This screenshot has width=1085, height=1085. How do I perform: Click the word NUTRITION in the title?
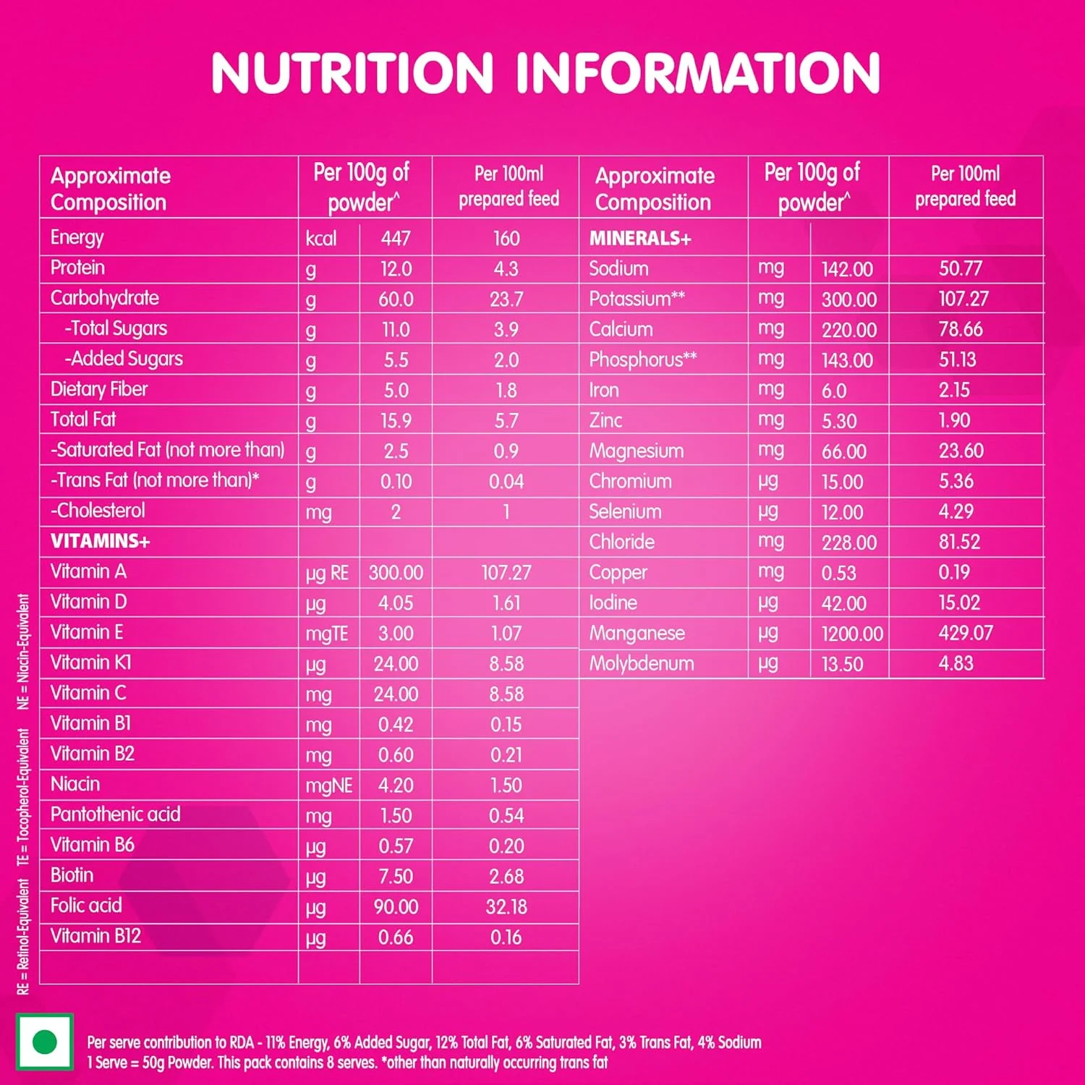coord(352,73)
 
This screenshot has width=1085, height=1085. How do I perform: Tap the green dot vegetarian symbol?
coord(45,1042)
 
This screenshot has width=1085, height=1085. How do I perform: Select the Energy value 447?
coord(396,238)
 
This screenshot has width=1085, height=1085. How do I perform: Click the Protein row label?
coord(77,268)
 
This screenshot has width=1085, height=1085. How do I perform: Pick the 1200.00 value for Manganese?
coord(852,634)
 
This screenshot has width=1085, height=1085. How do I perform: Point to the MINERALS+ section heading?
coord(640,238)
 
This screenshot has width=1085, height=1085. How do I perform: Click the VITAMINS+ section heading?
coord(100,541)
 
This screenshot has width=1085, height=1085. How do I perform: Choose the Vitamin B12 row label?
coord(95,936)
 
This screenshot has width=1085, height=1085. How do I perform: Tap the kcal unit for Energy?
coord(320,238)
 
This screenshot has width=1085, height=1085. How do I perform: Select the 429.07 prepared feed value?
coord(966,633)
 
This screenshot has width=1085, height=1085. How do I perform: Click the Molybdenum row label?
coord(642,663)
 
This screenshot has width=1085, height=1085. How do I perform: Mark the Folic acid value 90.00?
coord(396,906)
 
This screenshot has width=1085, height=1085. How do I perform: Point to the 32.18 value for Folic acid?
coord(506,906)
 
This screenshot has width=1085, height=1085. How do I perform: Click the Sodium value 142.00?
coord(847,269)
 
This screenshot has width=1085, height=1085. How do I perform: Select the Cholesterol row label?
coord(98,511)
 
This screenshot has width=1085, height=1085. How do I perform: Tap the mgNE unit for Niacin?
coord(328,786)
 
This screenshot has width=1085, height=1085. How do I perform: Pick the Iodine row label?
coord(613,603)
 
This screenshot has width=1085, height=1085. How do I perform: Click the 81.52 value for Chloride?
coord(959,542)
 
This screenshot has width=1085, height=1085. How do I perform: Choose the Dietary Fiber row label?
coord(99,389)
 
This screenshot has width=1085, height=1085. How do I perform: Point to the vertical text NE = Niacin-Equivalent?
coord(24,652)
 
